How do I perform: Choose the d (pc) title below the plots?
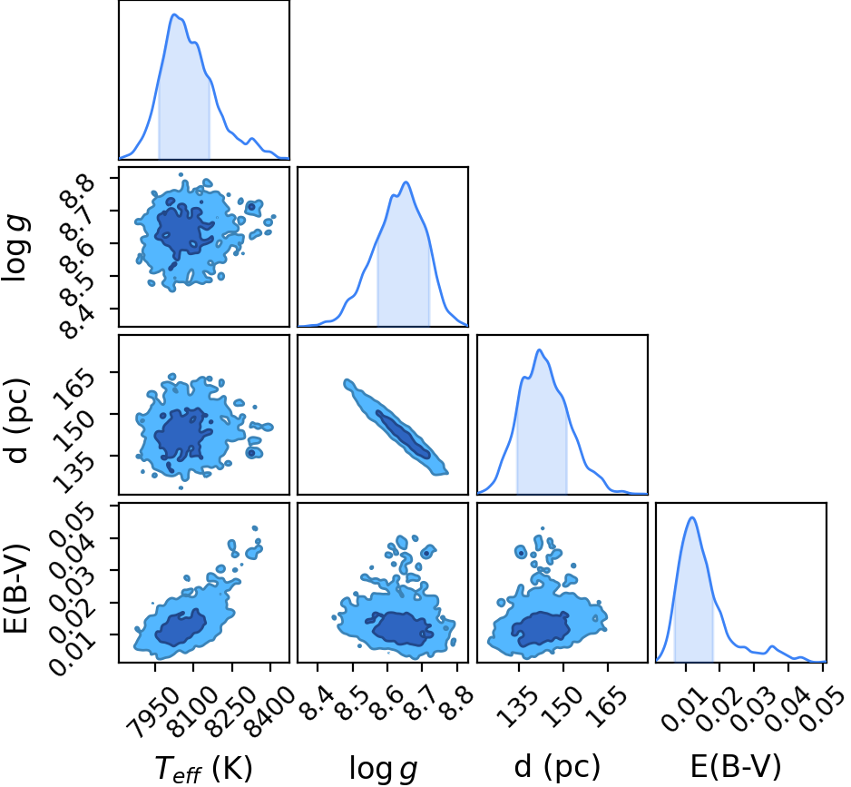click(557, 767)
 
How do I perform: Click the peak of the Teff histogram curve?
click(174, 15)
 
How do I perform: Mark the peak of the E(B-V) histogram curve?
click(692, 517)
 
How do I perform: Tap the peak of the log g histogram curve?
click(406, 182)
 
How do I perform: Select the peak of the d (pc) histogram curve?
click(540, 349)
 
